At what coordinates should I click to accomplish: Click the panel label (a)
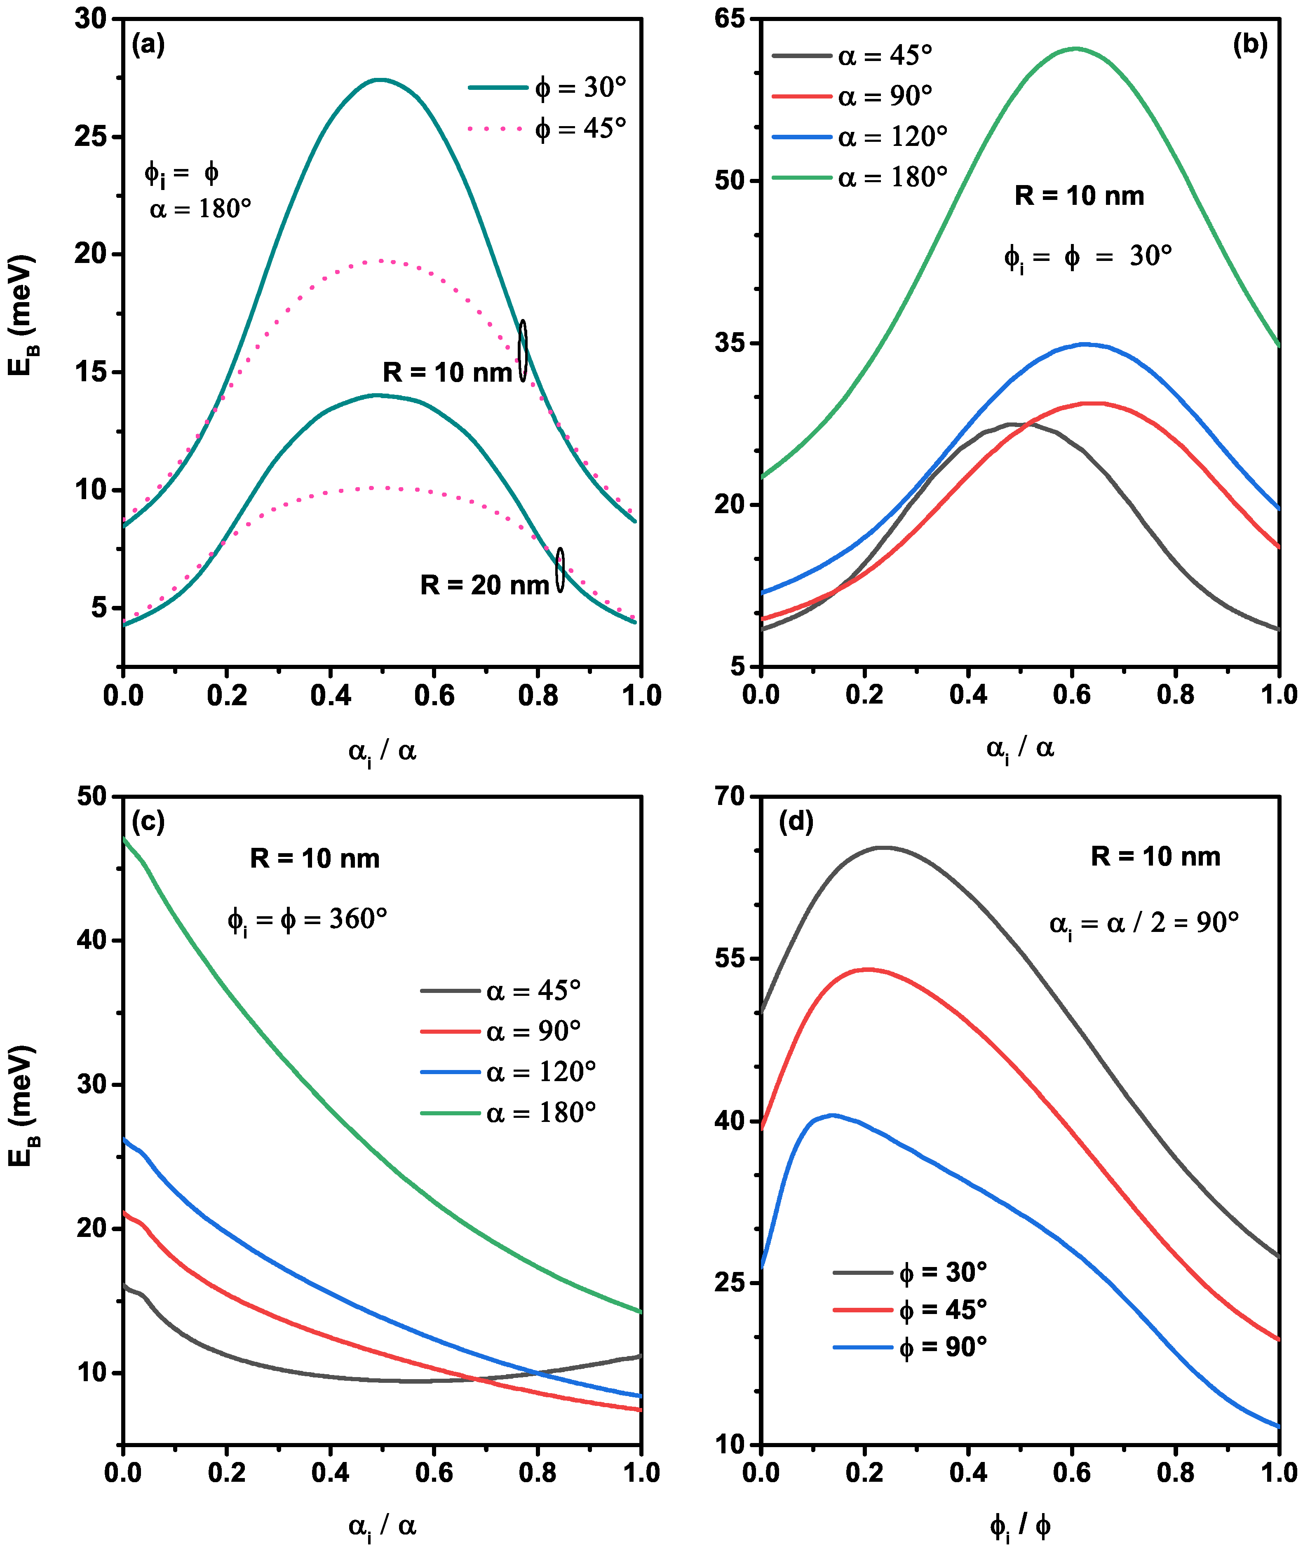pyautogui.click(x=148, y=46)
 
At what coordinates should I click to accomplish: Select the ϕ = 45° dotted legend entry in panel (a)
pyautogui.click(x=547, y=129)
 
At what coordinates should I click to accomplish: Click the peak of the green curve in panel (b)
pyautogui.click(x=1075, y=49)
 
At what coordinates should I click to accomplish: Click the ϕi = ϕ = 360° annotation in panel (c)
pyautogui.click(x=307, y=920)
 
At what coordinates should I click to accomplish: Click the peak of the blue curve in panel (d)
pyautogui.click(x=833, y=1115)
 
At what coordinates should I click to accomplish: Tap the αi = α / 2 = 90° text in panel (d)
pyautogui.click(x=1143, y=923)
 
